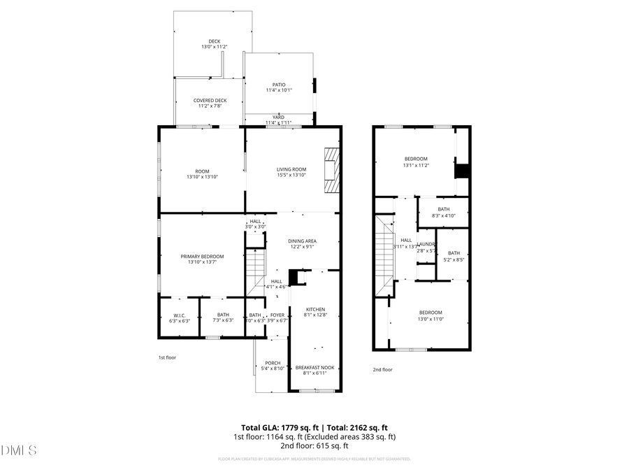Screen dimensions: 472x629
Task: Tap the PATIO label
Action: click(x=279, y=85)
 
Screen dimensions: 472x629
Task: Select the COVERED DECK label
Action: click(x=210, y=101)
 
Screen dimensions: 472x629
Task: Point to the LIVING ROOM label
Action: click(x=291, y=169)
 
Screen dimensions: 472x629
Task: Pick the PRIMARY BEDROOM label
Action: click(x=202, y=257)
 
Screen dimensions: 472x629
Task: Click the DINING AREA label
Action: click(x=302, y=241)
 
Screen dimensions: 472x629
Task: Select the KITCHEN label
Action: click(x=315, y=309)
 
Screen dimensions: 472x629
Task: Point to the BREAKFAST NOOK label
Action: click(x=315, y=368)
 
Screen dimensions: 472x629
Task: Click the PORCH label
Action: click(x=273, y=363)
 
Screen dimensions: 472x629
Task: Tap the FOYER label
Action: click(x=278, y=315)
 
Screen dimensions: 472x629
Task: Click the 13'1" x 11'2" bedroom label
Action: click(x=416, y=159)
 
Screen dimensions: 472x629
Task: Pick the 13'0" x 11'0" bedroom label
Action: click(x=431, y=313)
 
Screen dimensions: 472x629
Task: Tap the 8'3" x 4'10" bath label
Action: click(x=444, y=209)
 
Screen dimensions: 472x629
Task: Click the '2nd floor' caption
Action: click(x=382, y=369)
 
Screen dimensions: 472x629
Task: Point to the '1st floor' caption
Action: click(x=168, y=357)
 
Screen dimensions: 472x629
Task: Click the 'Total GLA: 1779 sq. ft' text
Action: click(x=277, y=427)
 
